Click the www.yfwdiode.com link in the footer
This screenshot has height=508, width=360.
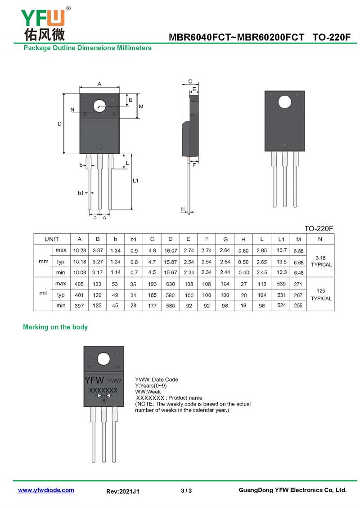46,490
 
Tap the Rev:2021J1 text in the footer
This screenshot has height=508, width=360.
122,491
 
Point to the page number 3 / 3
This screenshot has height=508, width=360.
186,490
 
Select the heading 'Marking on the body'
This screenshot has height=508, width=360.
55,327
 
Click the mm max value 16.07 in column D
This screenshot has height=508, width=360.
171,250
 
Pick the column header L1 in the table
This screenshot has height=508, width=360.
281,240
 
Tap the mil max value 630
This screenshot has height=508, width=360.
170,284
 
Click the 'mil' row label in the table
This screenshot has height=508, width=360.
43,293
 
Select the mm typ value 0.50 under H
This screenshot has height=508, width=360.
243,262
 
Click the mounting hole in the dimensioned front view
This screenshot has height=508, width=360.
99,106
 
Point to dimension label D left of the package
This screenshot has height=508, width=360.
60,124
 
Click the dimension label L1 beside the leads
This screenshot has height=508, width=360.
135,180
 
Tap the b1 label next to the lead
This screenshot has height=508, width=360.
81,193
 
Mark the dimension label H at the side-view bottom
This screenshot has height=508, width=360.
183,209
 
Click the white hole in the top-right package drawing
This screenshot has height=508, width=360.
284,102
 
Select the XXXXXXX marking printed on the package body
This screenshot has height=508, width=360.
103,390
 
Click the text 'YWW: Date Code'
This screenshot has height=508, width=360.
156,379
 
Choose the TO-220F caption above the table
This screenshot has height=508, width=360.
319,229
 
